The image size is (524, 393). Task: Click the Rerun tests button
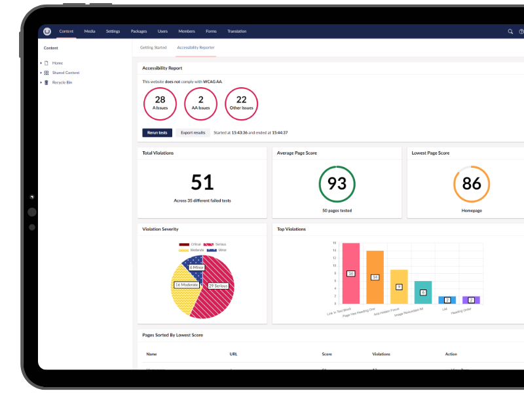(x=157, y=132)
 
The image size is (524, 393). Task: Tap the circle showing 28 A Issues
(x=160, y=103)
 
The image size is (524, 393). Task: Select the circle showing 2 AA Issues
(x=200, y=103)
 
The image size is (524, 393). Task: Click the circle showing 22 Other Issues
(x=241, y=103)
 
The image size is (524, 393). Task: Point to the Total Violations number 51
(x=202, y=183)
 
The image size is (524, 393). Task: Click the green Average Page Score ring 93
(x=337, y=184)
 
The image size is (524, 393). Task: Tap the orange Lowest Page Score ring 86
(x=472, y=184)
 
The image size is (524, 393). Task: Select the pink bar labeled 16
(x=351, y=273)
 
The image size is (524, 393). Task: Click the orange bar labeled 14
(x=375, y=277)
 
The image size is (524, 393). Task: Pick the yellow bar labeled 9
(x=399, y=287)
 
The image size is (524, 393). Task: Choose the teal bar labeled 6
(x=423, y=292)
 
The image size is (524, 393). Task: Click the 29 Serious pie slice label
(x=217, y=286)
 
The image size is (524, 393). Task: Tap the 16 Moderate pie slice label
(x=187, y=285)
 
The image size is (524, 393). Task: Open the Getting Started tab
(x=153, y=48)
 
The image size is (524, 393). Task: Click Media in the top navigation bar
(x=90, y=31)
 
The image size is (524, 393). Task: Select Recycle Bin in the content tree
(x=62, y=83)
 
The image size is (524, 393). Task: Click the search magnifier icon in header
(x=510, y=31)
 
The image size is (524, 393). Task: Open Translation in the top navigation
(x=237, y=31)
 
